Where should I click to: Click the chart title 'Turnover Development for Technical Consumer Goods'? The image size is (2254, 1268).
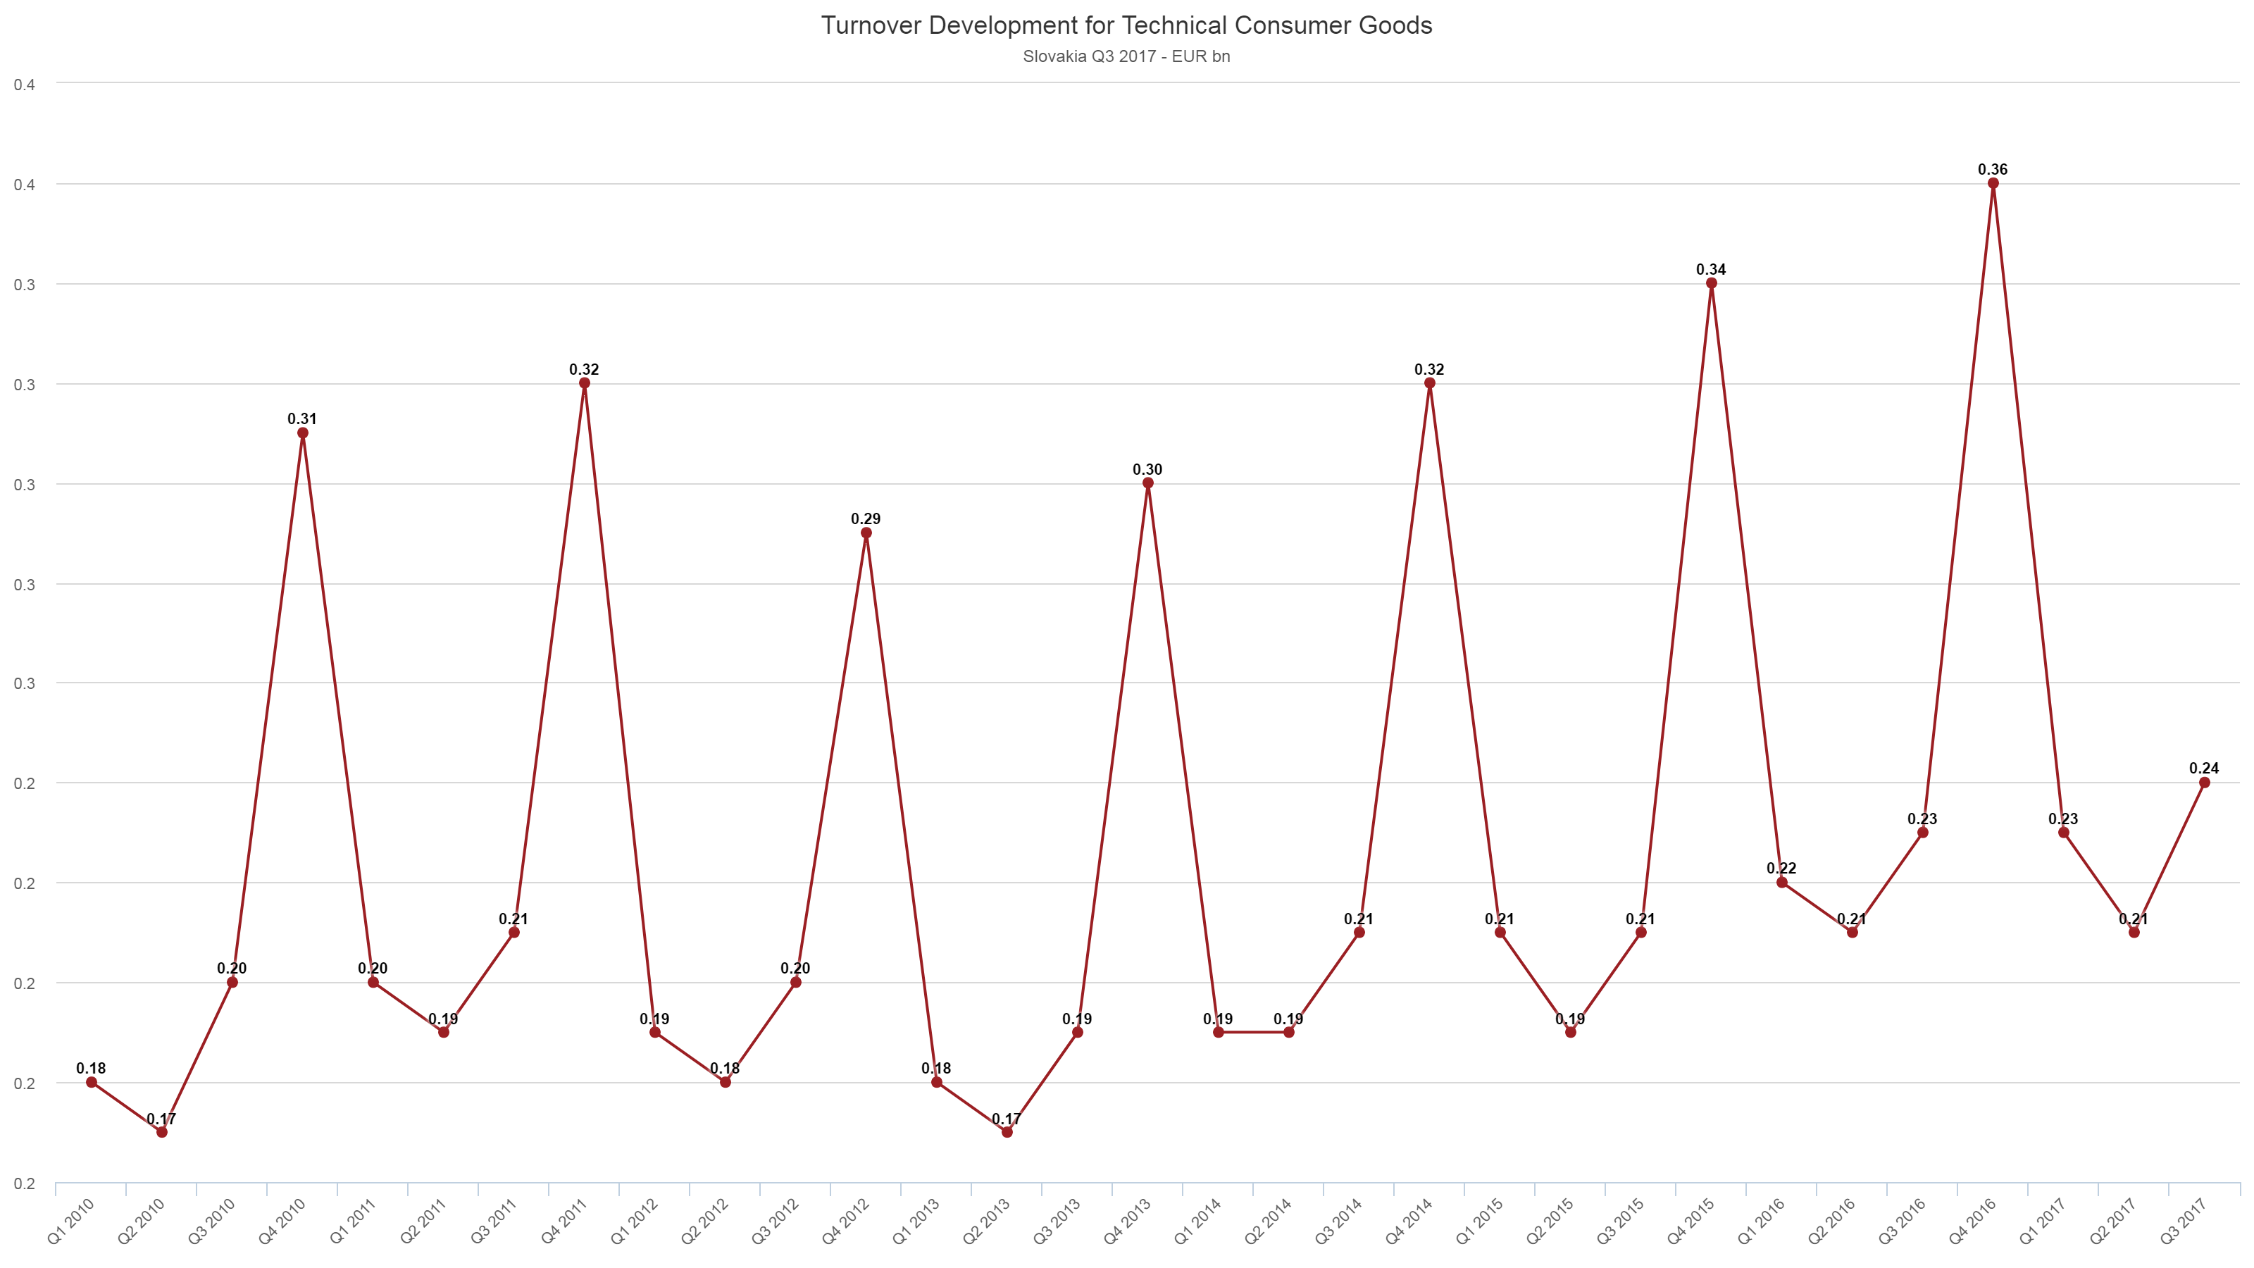pos(1126,25)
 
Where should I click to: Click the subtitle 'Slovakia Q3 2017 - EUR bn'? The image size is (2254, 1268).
pos(1126,57)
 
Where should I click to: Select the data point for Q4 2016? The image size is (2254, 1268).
pos(1993,184)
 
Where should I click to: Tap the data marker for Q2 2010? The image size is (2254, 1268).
pos(162,1132)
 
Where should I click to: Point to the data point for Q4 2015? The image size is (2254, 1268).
pos(1712,283)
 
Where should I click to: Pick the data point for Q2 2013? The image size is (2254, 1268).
pos(1007,1132)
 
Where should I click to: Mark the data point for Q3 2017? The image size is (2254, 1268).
pos(2204,783)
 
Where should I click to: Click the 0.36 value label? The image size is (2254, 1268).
pos(1993,170)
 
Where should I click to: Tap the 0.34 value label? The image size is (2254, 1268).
pos(1712,270)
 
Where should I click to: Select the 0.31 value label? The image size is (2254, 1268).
pos(303,419)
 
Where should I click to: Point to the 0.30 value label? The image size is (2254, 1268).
pos(1148,470)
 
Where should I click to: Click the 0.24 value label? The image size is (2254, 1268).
pos(2204,769)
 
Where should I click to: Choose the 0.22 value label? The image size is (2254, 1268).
pos(1781,868)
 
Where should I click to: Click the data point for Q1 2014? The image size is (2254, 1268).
pos(1219,1033)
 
